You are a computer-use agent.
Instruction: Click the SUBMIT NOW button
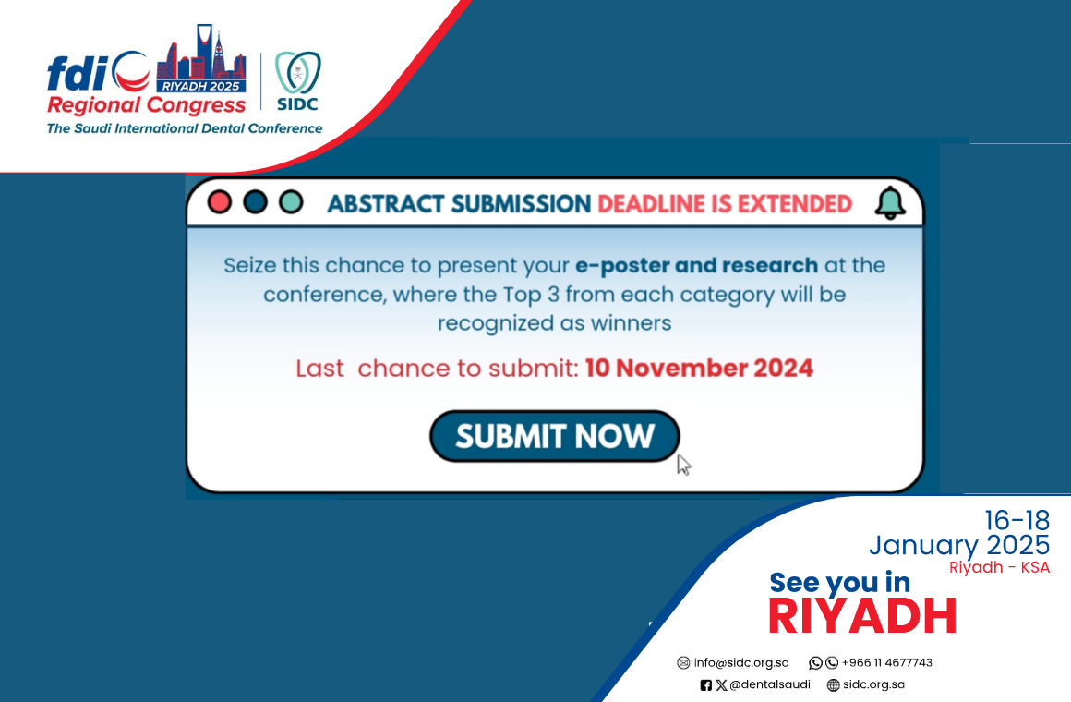[x=555, y=436]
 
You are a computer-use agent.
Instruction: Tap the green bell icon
[x=890, y=202]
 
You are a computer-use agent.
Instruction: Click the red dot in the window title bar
[x=219, y=202]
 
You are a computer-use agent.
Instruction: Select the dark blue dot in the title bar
[x=256, y=202]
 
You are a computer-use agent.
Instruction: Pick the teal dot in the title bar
[x=292, y=202]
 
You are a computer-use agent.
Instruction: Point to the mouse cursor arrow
[x=684, y=465]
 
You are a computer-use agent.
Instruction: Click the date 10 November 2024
[x=700, y=368]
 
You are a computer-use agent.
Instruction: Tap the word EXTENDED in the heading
[x=795, y=204]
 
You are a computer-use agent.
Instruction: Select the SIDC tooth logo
[x=298, y=73]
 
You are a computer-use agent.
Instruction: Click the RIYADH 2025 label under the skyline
[x=201, y=86]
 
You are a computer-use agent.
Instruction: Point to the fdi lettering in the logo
[x=78, y=73]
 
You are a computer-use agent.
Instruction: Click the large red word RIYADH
[x=862, y=616]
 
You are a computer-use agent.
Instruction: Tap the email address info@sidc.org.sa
[x=741, y=662]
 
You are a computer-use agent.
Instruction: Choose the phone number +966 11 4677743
[x=886, y=662]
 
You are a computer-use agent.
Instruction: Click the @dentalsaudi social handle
[x=770, y=684]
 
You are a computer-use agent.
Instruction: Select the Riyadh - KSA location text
[x=999, y=567]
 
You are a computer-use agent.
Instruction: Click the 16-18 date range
[x=1017, y=521]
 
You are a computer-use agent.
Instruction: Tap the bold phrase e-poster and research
[x=697, y=265]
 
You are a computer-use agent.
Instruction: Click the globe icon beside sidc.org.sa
[x=834, y=684]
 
